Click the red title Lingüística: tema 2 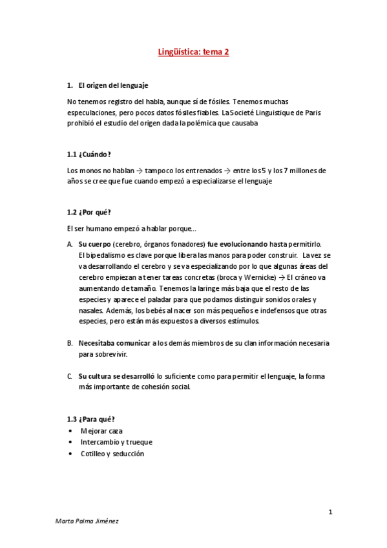tap(194, 55)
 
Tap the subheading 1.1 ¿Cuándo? tap(89, 154)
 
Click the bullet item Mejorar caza tap(101, 430)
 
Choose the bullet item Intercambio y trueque tap(116, 442)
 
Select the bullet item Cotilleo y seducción tap(112, 454)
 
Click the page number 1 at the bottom tap(329, 512)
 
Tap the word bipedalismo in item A tap(102, 255)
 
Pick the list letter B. tap(70, 343)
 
